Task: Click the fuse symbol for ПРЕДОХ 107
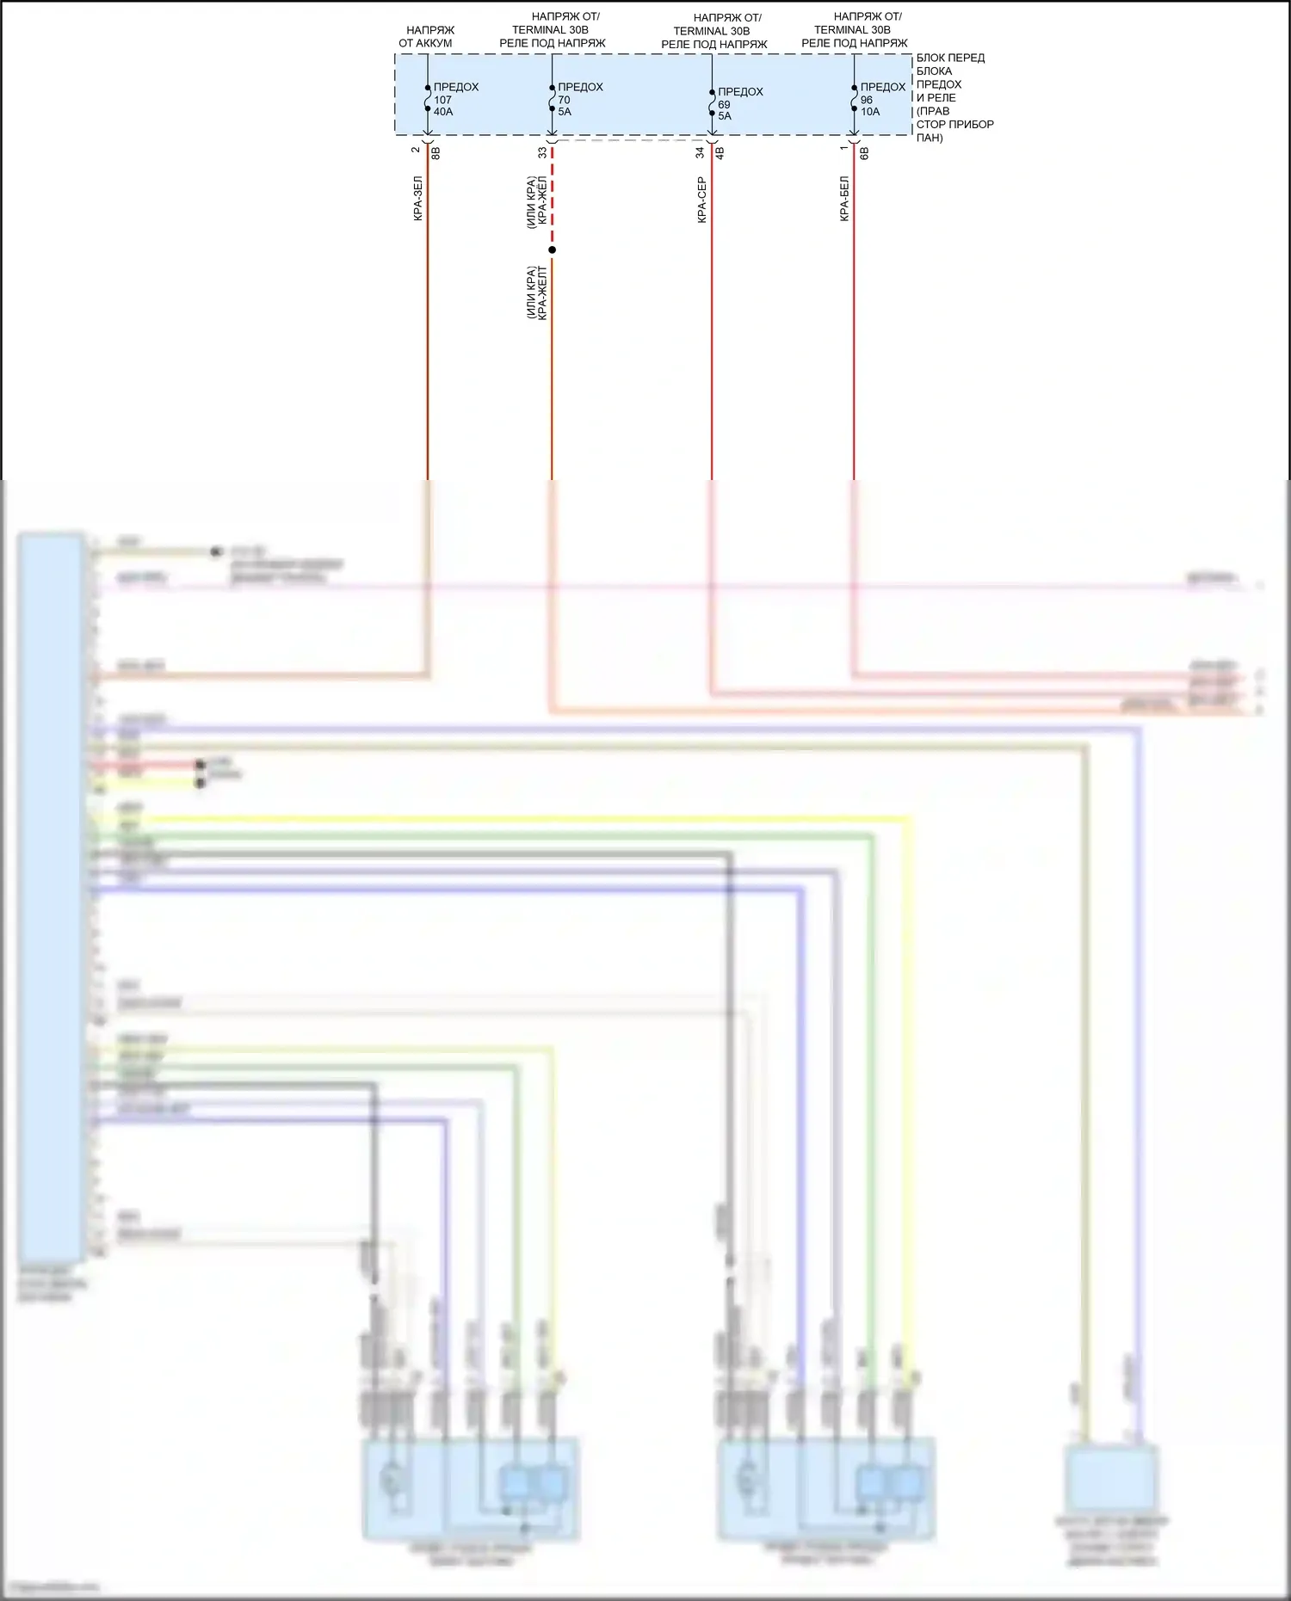pyautogui.click(x=428, y=98)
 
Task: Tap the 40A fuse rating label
pyautogui.click(x=443, y=112)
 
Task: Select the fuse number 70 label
pyautogui.click(x=564, y=100)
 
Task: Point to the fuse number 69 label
pyautogui.click(x=724, y=104)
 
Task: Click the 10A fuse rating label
pyautogui.click(x=870, y=112)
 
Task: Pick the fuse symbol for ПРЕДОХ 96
pyautogui.click(x=854, y=98)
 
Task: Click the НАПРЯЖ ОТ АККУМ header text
pyautogui.click(x=428, y=36)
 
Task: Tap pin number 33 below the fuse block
pyautogui.click(x=542, y=152)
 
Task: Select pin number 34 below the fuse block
pyautogui.click(x=701, y=152)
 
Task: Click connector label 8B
pyautogui.click(x=435, y=153)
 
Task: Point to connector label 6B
pyautogui.click(x=864, y=153)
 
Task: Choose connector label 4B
pyautogui.click(x=720, y=153)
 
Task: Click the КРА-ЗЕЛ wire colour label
pyautogui.click(x=418, y=199)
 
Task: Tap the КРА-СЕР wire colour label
pyautogui.click(x=701, y=200)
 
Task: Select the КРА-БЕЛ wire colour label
pyautogui.click(x=844, y=199)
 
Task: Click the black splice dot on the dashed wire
pyautogui.click(x=552, y=250)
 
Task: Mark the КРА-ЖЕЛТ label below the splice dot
pyautogui.click(x=542, y=292)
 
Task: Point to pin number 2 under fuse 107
pyautogui.click(x=416, y=150)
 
